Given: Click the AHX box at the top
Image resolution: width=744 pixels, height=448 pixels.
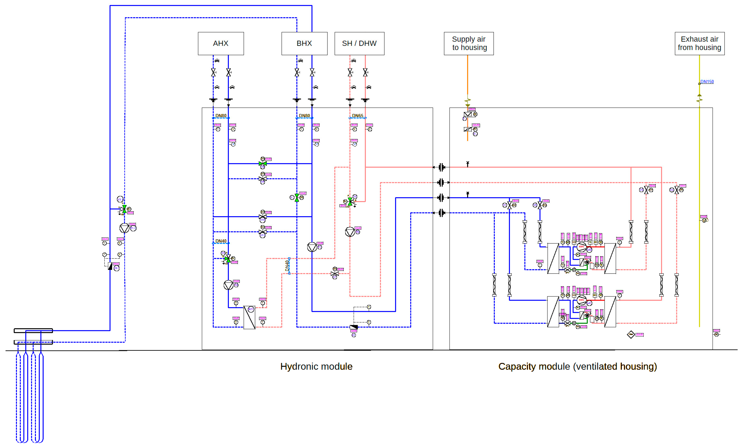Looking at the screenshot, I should coord(221,43).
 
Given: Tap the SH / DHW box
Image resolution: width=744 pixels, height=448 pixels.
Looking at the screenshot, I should coord(359,43).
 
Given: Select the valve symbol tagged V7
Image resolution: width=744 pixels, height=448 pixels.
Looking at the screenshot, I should coord(335,274).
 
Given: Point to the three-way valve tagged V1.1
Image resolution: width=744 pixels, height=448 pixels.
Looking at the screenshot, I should coord(124,209).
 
